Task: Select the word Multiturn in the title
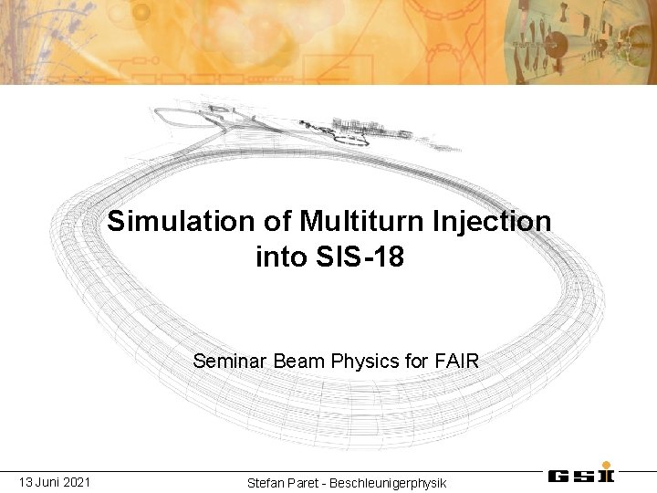point(344,222)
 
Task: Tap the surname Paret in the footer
point(308,482)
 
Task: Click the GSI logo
point(581,475)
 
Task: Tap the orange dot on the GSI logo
point(607,465)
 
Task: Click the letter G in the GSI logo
point(559,476)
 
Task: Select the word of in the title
point(271,222)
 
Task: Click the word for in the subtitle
point(409,361)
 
